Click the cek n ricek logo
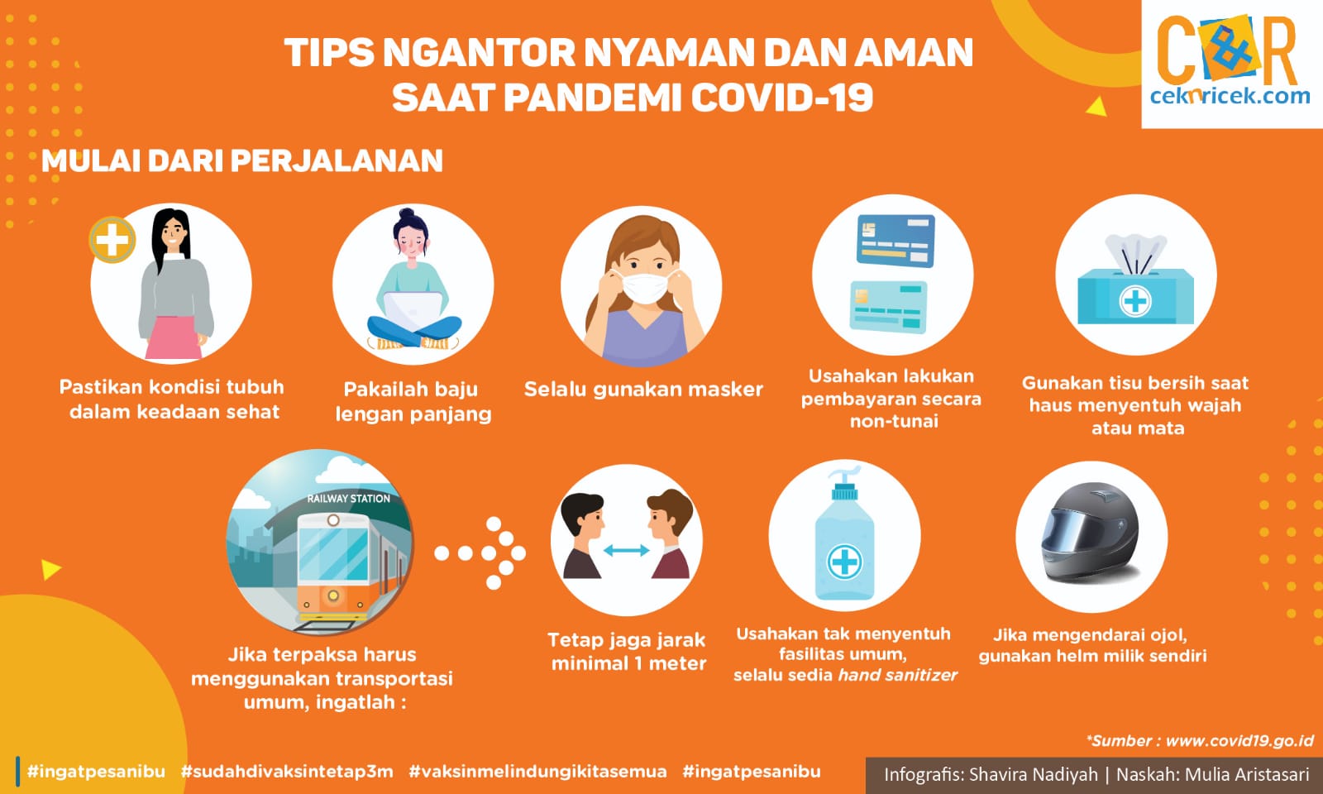pos(1231,61)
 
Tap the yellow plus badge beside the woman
pos(112,240)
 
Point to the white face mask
pos(644,287)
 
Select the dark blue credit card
pos(896,241)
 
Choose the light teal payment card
pos(888,307)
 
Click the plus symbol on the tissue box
pos(1134,302)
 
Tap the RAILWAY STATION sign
pos(348,499)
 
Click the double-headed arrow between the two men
pos(626,551)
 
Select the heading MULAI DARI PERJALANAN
pos(242,160)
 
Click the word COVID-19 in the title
pos(782,98)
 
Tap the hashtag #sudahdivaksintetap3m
pos(287,772)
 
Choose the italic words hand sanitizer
pos(898,675)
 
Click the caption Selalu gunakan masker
pos(644,390)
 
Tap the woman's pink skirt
pos(174,337)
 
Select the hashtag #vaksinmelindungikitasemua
pos(537,772)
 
